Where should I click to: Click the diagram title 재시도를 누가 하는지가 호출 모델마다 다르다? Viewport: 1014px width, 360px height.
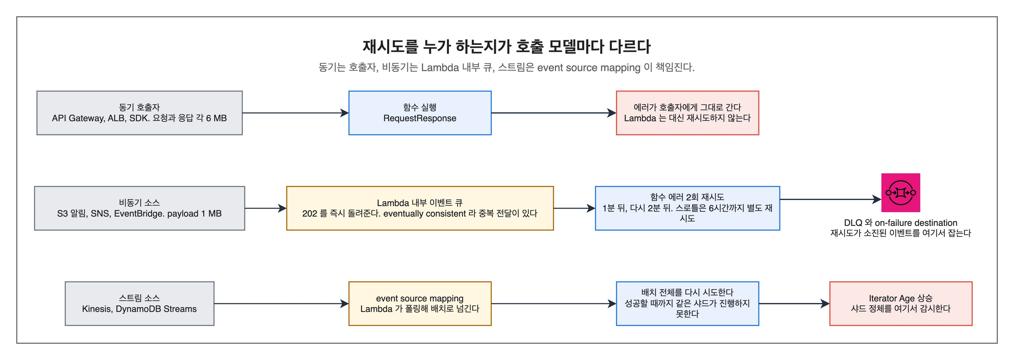506,47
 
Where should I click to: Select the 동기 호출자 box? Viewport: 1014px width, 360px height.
139,113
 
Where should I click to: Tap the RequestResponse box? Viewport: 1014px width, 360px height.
420,113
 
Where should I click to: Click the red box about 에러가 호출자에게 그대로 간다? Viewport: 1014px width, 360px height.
687,113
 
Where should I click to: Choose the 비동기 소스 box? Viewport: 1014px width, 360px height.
139,208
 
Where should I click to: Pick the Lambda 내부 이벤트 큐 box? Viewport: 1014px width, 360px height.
420,208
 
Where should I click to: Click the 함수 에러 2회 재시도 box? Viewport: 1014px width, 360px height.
687,208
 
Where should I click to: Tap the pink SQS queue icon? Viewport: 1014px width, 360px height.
901,193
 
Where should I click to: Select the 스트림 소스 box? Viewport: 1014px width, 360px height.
139,303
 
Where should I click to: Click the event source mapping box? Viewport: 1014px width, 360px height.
420,303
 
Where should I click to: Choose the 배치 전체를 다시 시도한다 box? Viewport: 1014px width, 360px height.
687,303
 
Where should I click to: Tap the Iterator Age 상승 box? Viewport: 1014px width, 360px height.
901,303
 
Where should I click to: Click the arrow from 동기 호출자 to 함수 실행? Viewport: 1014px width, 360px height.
295,113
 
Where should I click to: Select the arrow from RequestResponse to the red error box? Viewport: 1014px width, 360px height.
554,113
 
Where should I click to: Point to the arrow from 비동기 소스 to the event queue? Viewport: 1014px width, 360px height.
266,208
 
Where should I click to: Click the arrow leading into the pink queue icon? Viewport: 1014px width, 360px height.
831,199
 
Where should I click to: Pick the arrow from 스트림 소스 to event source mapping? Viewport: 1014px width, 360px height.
281,303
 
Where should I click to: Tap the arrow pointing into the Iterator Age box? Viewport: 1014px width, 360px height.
794,303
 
